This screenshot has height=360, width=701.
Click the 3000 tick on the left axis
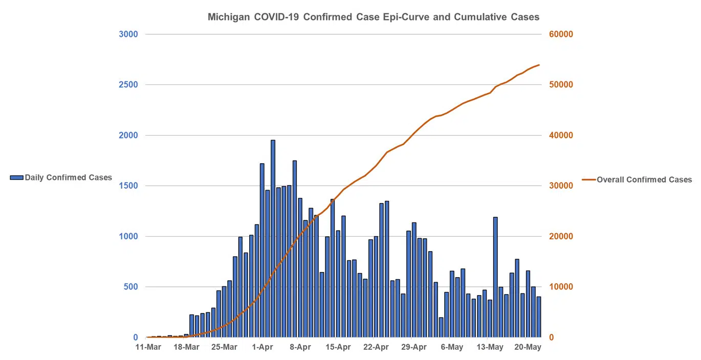(128, 34)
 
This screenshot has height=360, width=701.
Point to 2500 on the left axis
(128, 85)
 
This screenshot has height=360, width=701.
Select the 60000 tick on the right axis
(562, 34)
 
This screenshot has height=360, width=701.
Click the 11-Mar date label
(148, 348)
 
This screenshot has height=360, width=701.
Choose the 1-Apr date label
(262, 348)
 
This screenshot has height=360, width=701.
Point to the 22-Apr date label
(376, 348)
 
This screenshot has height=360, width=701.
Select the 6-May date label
(452, 348)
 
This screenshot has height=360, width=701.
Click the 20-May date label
(528, 348)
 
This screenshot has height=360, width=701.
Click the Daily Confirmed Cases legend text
(68, 177)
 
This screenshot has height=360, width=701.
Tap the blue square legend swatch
(16, 177)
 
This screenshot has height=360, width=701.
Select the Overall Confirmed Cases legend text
(644, 179)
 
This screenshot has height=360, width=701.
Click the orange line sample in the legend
(589, 179)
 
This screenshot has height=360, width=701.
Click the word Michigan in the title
(228, 17)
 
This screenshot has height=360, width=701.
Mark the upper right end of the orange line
(539, 65)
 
